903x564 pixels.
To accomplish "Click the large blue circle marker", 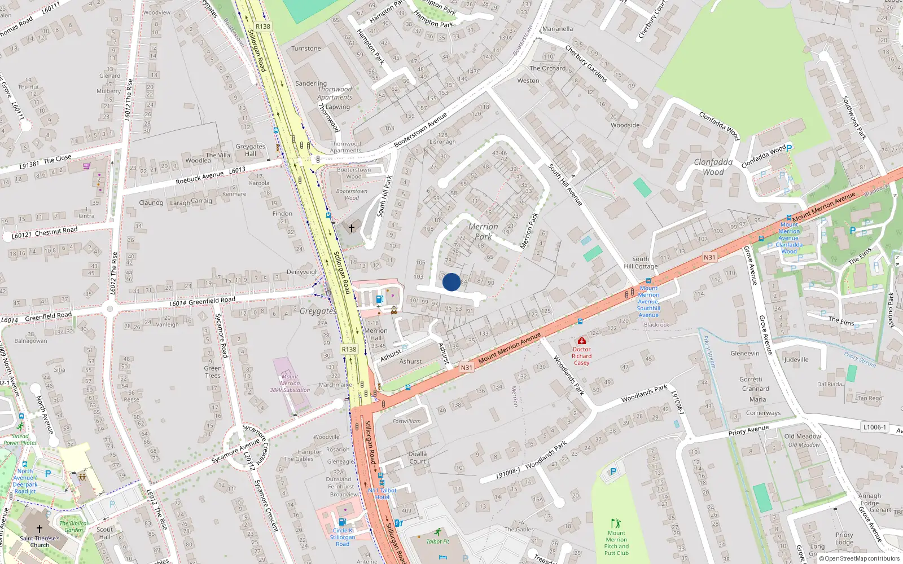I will coord(451,282).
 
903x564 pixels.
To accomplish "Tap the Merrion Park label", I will coord(483,232).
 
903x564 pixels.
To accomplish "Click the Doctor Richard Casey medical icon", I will coord(581,341).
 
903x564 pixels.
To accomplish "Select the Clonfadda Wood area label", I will coord(713,167).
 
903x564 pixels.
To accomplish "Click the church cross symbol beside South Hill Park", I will coord(352,228).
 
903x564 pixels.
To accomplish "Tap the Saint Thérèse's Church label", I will coord(40,541).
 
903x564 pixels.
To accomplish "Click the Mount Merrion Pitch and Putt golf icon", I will coord(616,523).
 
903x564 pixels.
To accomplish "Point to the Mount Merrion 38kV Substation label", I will coord(290,383).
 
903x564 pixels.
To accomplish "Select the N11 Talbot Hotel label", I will coord(382,493).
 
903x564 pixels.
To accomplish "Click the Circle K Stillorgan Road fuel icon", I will coord(341,522).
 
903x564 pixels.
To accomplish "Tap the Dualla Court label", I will coord(418,457).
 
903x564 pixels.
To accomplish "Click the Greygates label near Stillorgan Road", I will coord(317,311).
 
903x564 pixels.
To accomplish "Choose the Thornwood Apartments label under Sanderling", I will coord(335,93).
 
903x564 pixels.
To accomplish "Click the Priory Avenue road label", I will coord(748,430).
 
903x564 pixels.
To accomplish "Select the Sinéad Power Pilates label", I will coord(20,439).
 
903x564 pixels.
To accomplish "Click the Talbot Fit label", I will coord(438,541).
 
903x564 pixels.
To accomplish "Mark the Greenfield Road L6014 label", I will coord(202,302).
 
